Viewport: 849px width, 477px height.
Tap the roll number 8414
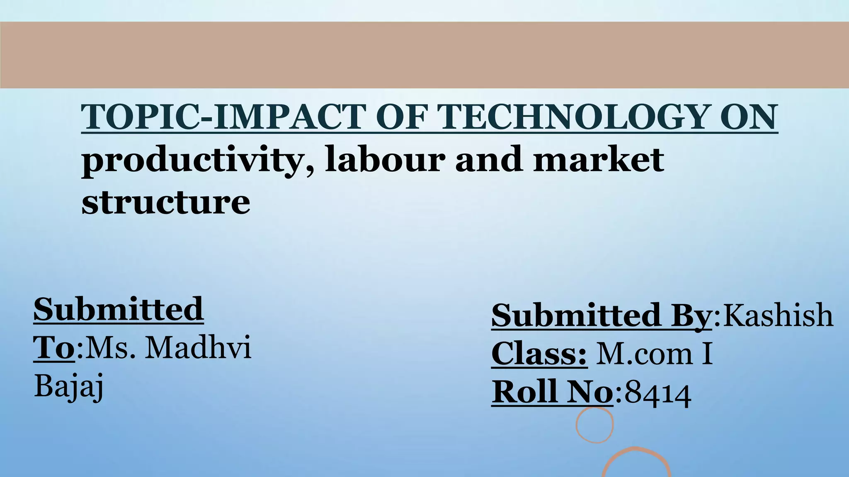(x=658, y=393)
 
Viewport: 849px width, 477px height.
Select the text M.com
(x=644, y=354)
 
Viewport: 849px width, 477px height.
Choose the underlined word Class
(x=539, y=354)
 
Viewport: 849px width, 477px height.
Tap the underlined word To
(x=54, y=348)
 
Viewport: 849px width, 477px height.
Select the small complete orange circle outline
(x=594, y=424)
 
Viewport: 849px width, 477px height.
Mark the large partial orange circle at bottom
(x=636, y=462)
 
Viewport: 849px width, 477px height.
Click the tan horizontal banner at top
(x=424, y=55)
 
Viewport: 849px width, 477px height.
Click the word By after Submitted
(x=691, y=316)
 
